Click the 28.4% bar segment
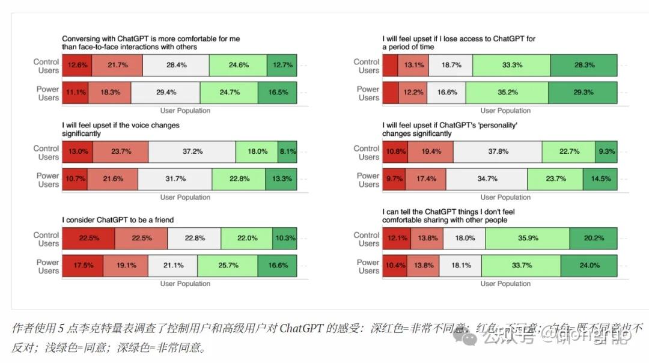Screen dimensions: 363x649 point(176,65)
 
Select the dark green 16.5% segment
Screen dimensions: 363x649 point(277,93)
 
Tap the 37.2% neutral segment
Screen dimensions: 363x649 point(192,151)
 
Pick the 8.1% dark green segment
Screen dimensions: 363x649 point(287,151)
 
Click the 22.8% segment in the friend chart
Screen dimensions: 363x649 point(194,238)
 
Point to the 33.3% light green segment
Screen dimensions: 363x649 point(512,65)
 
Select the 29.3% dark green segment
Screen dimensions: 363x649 point(582,93)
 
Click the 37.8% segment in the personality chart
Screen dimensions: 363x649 point(498,151)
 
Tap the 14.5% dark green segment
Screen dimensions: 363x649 point(600,179)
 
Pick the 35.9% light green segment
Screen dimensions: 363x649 point(528,238)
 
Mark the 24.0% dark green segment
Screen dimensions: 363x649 point(588,265)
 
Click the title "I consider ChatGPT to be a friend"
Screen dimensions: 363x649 point(118,220)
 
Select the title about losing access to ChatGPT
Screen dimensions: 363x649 point(459,43)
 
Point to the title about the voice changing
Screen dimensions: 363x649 point(120,129)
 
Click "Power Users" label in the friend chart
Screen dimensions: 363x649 point(48,266)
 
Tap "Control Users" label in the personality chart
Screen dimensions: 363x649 point(367,153)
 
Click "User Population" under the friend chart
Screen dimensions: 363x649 point(185,284)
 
